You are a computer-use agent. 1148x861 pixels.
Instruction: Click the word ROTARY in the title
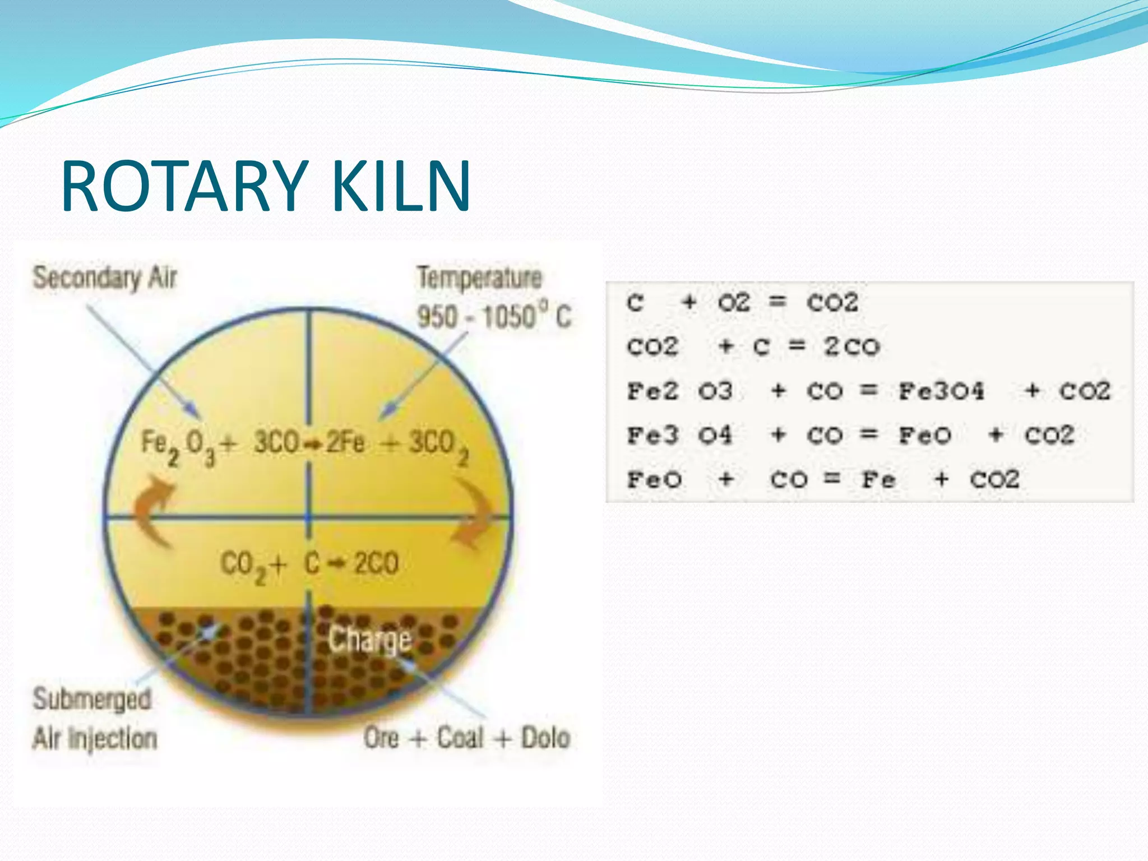[185, 186]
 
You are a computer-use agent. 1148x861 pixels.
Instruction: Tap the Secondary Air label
[105, 278]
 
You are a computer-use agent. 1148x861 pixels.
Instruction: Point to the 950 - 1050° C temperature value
[493, 317]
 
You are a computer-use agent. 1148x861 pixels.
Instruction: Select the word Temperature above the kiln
[480, 278]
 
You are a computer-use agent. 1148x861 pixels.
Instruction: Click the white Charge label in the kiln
[370, 640]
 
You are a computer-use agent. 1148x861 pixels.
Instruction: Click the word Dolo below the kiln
[545, 738]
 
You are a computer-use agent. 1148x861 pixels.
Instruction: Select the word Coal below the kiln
[460, 738]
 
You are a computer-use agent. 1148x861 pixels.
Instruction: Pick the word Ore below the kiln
[382, 738]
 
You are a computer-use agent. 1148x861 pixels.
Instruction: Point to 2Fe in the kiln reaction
[345, 443]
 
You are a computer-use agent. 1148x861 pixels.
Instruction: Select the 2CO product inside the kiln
[376, 563]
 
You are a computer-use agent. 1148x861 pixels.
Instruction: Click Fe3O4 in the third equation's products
[941, 391]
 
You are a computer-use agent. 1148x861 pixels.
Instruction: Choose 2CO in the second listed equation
[851, 347]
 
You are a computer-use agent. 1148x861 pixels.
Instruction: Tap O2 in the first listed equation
[733, 303]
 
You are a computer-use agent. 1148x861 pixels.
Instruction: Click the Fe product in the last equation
[878, 480]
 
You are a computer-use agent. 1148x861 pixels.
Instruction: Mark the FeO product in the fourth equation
[925, 436]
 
